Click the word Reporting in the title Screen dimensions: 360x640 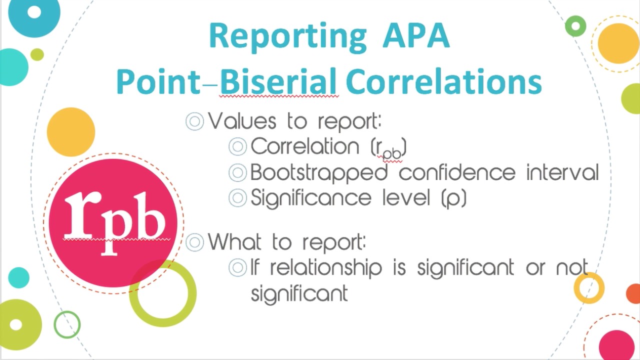pyautogui.click(x=287, y=36)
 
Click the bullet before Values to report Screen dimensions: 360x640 pyautogui.click(x=194, y=121)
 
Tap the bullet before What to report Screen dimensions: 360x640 pyautogui.click(x=194, y=242)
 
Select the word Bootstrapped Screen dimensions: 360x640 pyautogui.click(x=318, y=173)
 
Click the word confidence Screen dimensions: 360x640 pyautogui.click(x=457, y=172)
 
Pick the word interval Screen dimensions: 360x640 pyautogui.click(x=562, y=172)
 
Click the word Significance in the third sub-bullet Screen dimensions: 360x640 pyautogui.click(x=310, y=198)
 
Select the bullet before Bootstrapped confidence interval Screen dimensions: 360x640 pyautogui.click(x=237, y=173)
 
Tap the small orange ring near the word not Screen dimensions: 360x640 pyautogui.click(x=589, y=288)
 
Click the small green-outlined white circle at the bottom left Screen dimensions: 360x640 pyautogui.click(x=67, y=324)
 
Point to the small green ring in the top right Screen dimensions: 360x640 pyautogui.click(x=575, y=26)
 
